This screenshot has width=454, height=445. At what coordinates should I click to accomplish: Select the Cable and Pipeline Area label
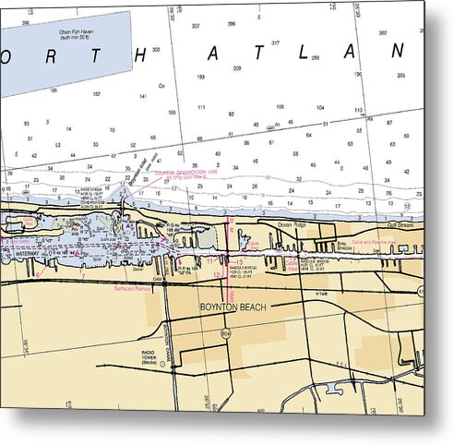(x=373, y=242)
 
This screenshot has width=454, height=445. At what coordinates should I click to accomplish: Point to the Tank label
(x=322, y=294)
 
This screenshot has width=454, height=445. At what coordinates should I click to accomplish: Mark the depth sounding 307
(x=195, y=25)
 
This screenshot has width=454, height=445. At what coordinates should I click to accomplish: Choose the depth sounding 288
(x=315, y=57)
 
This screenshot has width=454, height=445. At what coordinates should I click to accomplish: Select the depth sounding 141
(x=143, y=95)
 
